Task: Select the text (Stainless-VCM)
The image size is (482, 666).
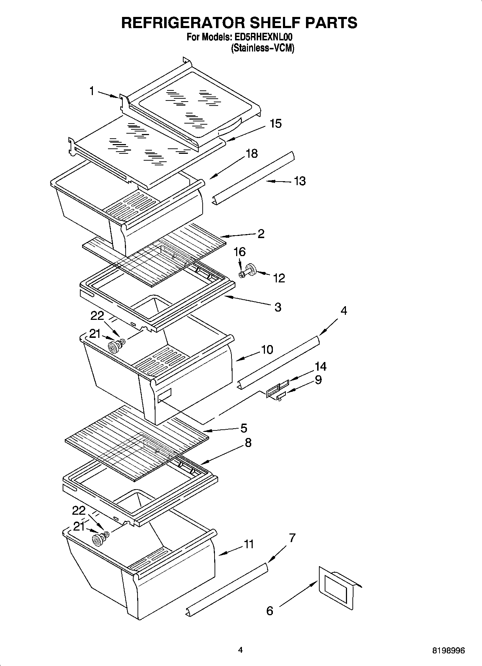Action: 262,48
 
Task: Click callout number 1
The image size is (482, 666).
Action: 92,91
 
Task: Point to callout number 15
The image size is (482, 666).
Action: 276,124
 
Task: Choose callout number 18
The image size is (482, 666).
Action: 252,153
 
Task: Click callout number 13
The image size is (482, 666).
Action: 299,181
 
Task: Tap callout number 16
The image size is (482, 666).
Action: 240,252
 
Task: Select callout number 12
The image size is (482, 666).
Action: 279,278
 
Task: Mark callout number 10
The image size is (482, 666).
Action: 267,349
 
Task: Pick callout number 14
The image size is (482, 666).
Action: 320,367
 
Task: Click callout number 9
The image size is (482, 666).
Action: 318,380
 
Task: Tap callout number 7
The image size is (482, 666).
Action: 292,538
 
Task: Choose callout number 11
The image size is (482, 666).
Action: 249,544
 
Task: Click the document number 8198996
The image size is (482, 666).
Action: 449,651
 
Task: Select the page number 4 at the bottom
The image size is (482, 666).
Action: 240,650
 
